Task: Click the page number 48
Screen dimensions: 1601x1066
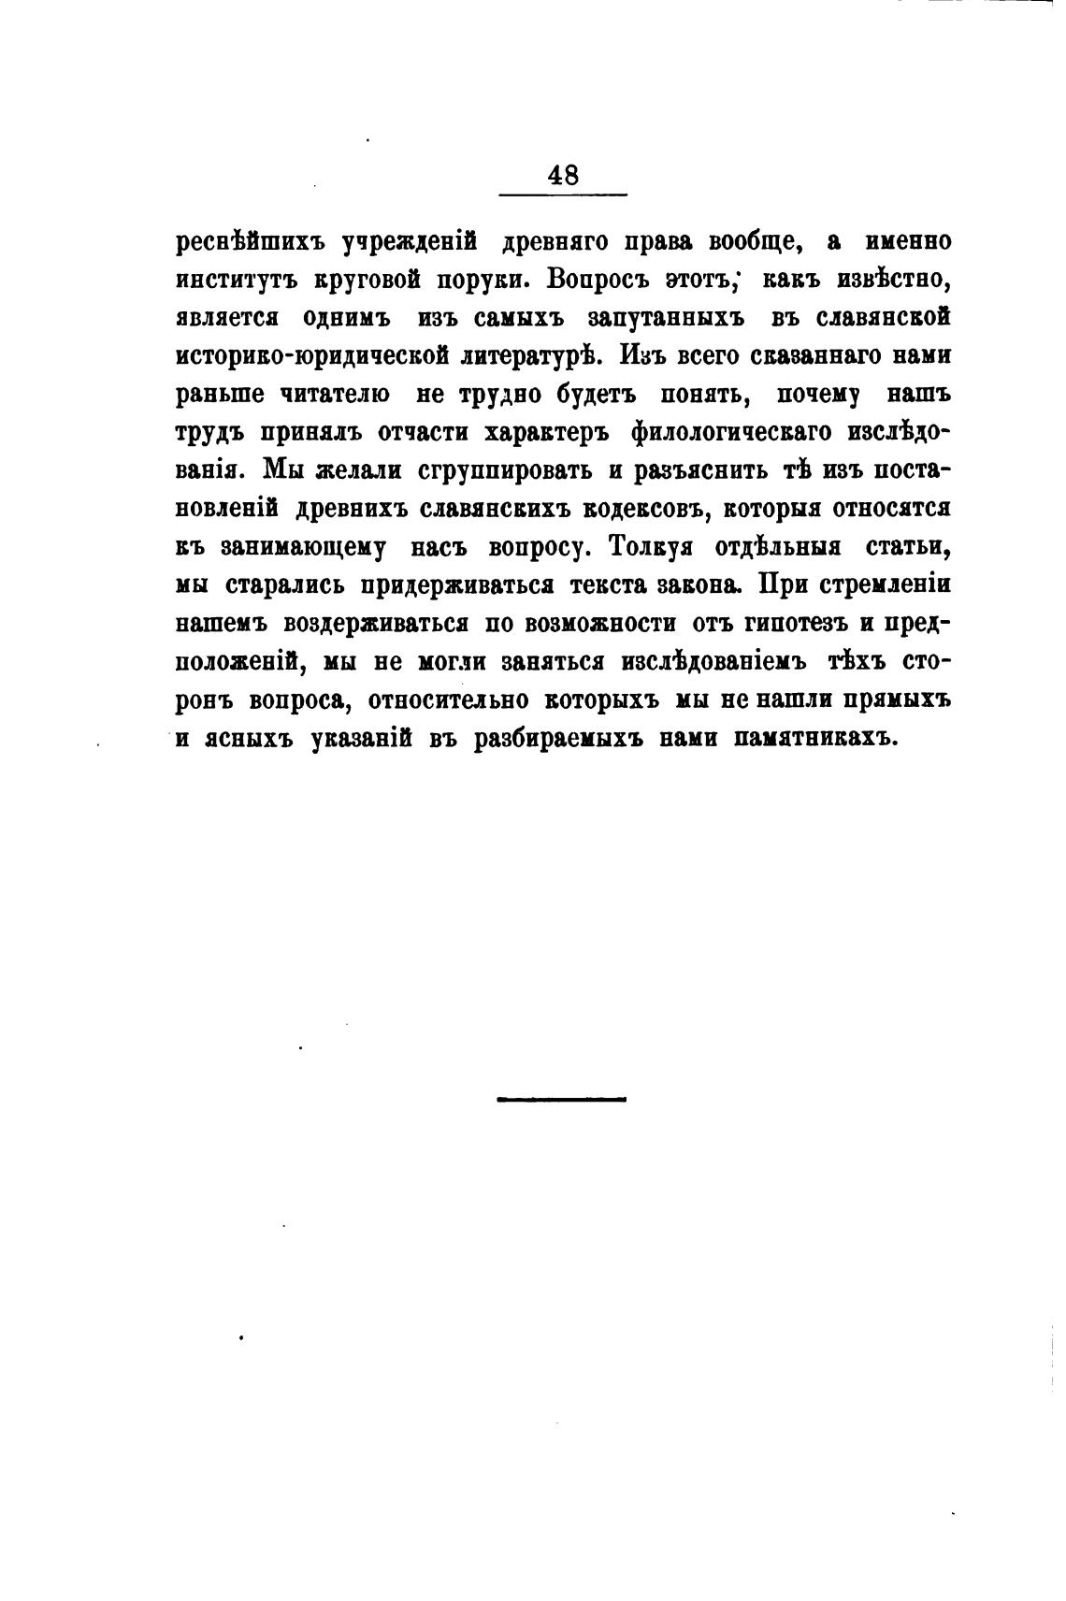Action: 564,175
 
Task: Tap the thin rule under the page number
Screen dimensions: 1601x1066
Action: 564,195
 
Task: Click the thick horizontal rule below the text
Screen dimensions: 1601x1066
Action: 561,1099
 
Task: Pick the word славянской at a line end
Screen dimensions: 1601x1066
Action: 871,318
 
